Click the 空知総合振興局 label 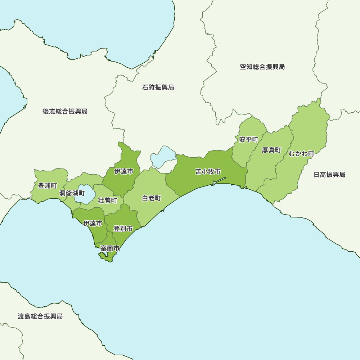262,67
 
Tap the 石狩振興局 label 158,87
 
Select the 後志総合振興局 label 65,112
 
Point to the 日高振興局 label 329,175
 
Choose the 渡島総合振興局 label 40,316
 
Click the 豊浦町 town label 48,186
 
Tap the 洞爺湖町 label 72,193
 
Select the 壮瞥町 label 108,200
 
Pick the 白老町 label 152,198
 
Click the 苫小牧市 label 208,172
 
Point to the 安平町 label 249,139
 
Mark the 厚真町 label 271,150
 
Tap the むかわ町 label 301,154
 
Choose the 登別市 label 123,229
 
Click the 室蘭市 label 110,248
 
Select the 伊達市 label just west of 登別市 93,224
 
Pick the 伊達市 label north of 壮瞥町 124,171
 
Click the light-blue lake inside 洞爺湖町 86,194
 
